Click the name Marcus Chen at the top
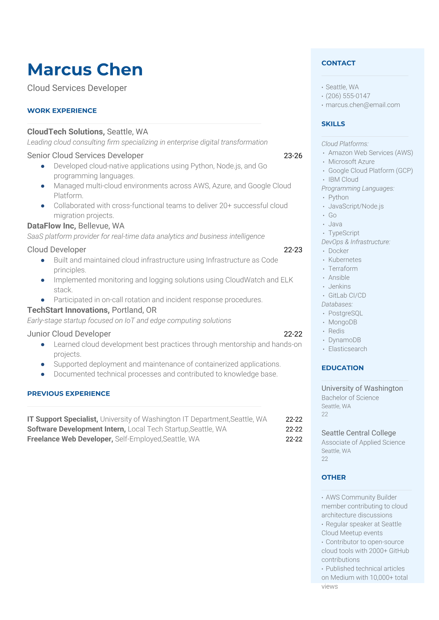coord(85,70)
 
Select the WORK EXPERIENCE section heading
coord(62,111)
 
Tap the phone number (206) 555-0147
coord(348,96)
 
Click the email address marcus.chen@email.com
coord(362,105)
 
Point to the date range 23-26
coord(293,156)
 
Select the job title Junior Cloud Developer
coord(69,334)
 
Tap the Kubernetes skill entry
coord(345,260)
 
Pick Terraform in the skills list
coord(343,269)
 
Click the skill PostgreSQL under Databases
coord(345,313)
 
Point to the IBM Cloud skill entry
coord(343,179)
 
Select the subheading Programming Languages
coord(357,188)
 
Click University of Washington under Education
coord(362,388)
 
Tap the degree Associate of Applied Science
coord(363,442)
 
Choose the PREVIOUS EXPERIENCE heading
coord(69,393)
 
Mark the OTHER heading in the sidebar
coord(333,477)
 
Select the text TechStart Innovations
coord(68,310)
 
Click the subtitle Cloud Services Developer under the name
coord(77,88)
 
